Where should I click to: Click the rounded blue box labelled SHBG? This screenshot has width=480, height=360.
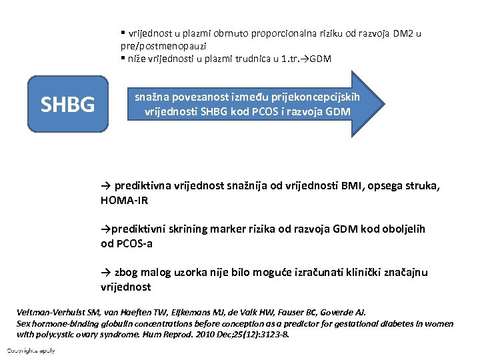(67, 104)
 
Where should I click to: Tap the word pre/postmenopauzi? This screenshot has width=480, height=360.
(163, 45)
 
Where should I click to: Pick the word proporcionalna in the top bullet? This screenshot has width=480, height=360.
(272, 33)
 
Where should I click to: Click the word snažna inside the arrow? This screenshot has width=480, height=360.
(151, 97)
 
